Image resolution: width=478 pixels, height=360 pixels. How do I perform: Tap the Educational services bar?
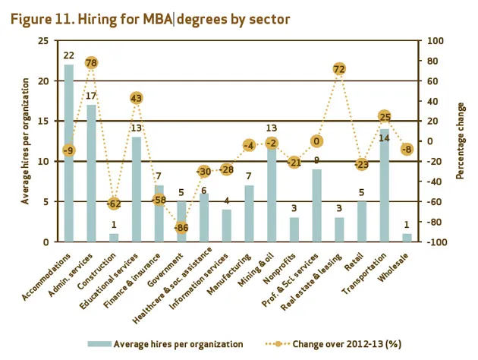tap(137, 190)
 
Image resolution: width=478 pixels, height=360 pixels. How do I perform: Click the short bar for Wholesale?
tap(407, 238)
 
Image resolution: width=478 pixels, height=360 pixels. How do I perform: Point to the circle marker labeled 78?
tap(91, 62)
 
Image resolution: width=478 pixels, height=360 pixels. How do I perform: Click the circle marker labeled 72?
tap(339, 69)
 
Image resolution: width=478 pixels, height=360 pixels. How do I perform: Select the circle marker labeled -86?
tap(181, 227)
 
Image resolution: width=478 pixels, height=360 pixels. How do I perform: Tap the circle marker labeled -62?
tap(114, 204)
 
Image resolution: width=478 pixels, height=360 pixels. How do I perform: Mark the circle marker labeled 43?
tap(137, 98)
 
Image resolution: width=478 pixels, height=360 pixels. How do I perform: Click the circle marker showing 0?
tap(316, 141)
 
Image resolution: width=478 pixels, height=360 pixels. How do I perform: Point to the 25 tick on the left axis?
tap(46, 40)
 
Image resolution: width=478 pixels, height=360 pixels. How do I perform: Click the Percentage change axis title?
tap(461, 140)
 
